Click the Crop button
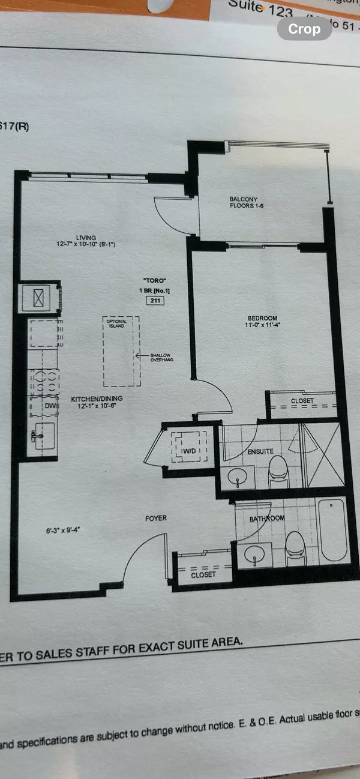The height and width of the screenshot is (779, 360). click(x=304, y=29)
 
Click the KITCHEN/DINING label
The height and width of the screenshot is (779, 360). click(x=92, y=399)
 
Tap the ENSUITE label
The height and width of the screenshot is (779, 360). click(x=260, y=451)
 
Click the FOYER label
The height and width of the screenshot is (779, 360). click(x=155, y=518)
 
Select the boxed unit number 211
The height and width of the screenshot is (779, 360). click(x=155, y=301)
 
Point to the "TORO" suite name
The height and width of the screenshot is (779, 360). click(x=155, y=280)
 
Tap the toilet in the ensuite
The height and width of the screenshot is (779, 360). click(x=278, y=469)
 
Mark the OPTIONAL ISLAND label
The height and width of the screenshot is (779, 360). click(x=116, y=323)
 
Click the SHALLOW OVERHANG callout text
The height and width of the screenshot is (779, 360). click(x=161, y=358)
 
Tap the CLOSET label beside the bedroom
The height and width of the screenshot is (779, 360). click(x=302, y=400)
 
